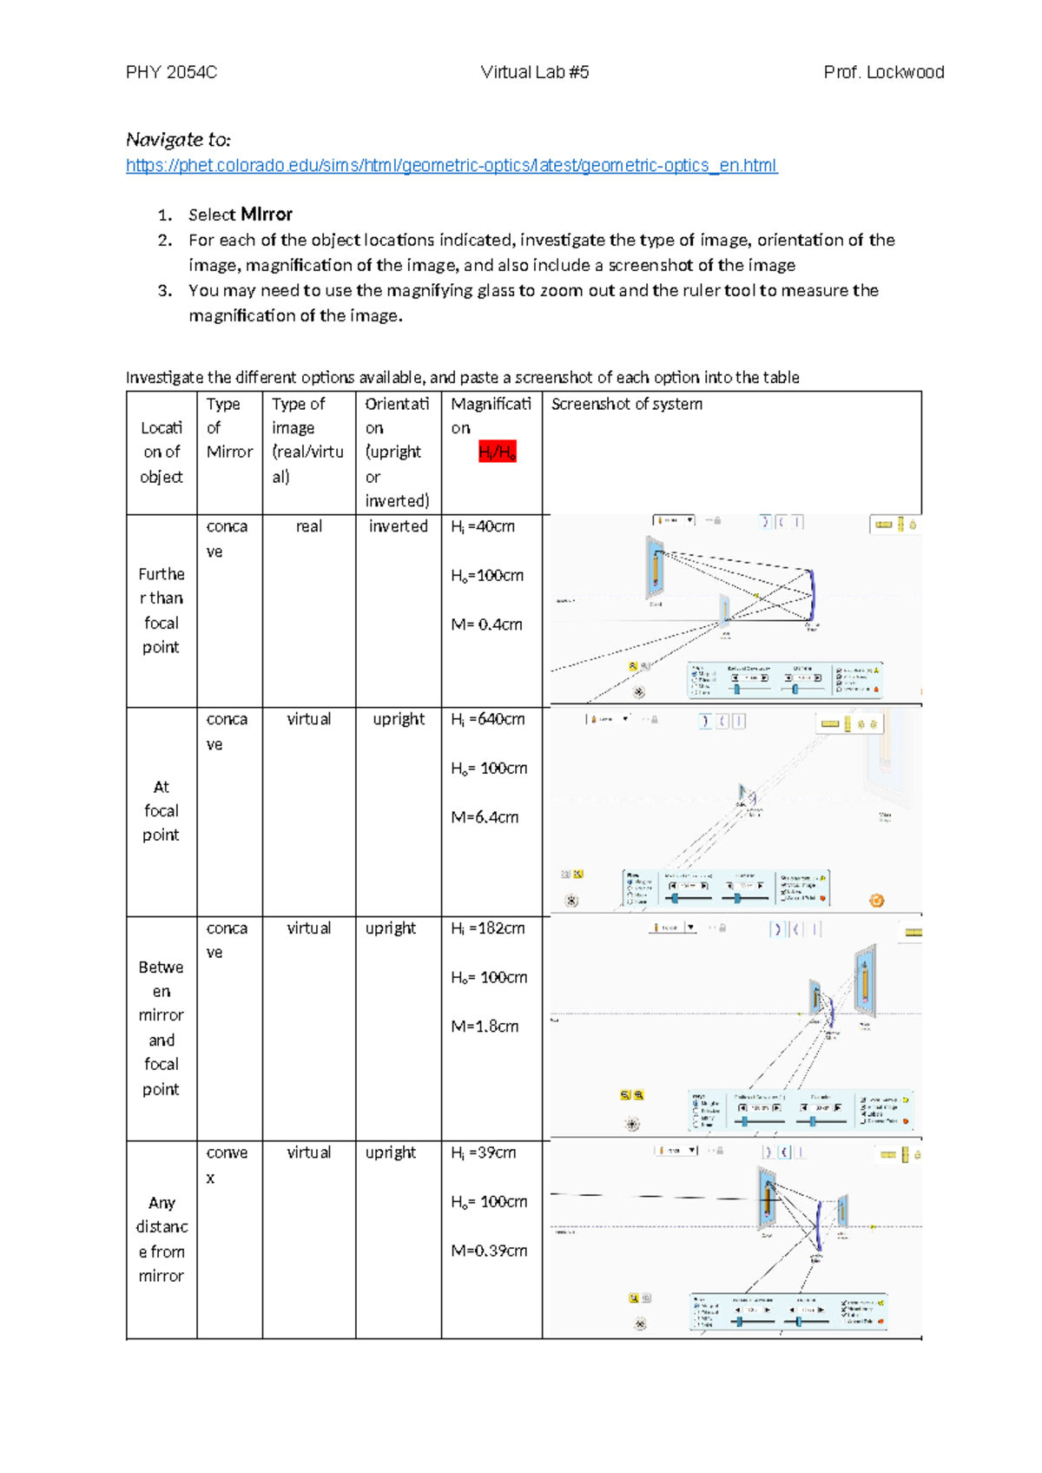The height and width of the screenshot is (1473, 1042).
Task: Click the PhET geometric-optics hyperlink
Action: pyautogui.click(x=452, y=165)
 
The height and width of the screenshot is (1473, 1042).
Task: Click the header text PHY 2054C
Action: pyautogui.click(x=171, y=72)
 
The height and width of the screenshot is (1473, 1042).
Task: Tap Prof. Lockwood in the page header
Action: pyautogui.click(x=883, y=72)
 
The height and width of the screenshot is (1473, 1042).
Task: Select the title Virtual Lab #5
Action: pyautogui.click(x=534, y=72)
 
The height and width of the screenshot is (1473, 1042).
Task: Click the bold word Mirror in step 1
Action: pyautogui.click(x=267, y=215)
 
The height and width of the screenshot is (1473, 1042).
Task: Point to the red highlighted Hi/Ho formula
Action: pyautogui.click(x=497, y=452)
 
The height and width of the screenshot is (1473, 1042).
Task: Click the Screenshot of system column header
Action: pyautogui.click(x=626, y=404)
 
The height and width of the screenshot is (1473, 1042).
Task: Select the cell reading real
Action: pyautogui.click(x=308, y=526)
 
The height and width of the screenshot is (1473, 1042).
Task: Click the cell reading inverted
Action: pyautogui.click(x=398, y=526)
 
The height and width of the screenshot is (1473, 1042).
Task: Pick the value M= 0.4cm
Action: pyautogui.click(x=486, y=624)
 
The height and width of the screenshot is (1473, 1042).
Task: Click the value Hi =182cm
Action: pyautogui.click(x=487, y=928)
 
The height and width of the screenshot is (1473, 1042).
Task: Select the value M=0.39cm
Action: pyautogui.click(x=489, y=1251)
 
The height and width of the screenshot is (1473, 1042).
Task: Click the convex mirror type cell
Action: pyautogui.click(x=227, y=1164)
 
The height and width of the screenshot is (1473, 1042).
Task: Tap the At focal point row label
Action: pyautogui.click(x=161, y=810)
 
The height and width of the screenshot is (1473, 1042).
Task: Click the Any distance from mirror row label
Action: pyautogui.click(x=162, y=1239)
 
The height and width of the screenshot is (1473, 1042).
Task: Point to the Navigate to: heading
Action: pyautogui.click(x=178, y=139)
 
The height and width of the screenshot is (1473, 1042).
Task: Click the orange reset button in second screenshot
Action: pyautogui.click(x=876, y=901)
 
